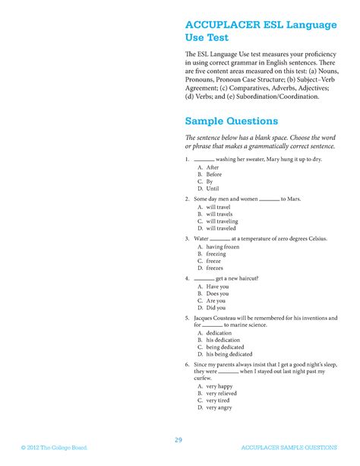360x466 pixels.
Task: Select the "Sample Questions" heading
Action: (x=231, y=121)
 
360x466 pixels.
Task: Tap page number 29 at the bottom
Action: (x=179, y=439)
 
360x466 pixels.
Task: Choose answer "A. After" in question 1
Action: (x=208, y=167)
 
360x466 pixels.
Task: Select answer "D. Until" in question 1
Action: (x=208, y=189)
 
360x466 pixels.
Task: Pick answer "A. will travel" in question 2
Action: (x=214, y=207)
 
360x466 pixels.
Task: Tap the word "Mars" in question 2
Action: (x=294, y=199)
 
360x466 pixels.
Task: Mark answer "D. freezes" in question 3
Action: (x=210, y=268)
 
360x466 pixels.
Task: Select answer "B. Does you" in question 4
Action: (x=212, y=293)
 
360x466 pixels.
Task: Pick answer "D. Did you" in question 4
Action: (x=211, y=308)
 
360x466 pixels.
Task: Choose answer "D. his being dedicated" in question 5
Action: (x=225, y=354)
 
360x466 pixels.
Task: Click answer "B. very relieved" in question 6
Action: (x=216, y=393)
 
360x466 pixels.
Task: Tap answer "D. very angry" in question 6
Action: (x=214, y=407)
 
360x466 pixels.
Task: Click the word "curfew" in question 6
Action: (x=202, y=378)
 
